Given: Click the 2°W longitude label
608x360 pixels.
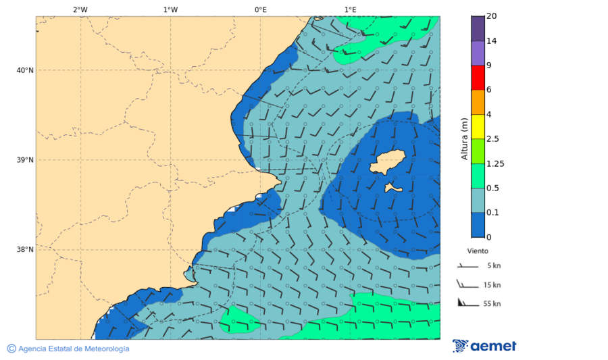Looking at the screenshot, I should (80, 9).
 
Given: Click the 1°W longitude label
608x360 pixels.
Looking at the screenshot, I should (170, 9).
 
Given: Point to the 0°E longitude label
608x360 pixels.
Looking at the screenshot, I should (260, 9).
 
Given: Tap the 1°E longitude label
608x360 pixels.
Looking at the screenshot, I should (350, 9).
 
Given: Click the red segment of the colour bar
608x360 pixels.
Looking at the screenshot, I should (478, 78).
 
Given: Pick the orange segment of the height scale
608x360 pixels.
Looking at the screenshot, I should (478, 102).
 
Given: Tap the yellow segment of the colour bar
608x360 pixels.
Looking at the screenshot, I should (478, 126).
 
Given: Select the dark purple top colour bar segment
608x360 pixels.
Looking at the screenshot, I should (478, 28).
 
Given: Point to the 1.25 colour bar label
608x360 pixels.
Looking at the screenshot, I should (496, 163).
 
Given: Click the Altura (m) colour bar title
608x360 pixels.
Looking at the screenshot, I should (464, 138).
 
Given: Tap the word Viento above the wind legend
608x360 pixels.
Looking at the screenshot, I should (478, 251).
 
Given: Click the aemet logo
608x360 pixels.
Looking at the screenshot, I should (484, 346).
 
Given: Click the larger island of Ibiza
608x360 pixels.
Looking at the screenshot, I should (387, 163).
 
